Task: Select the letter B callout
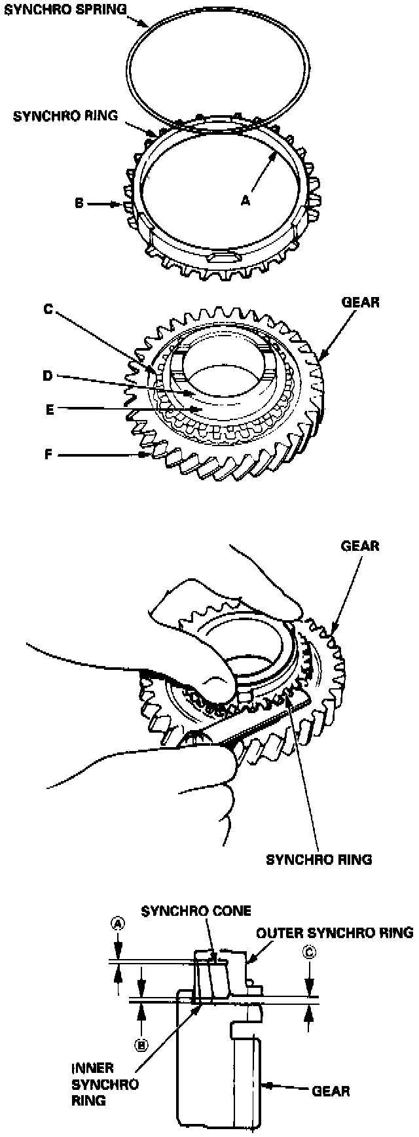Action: [78, 204]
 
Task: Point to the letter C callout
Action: [48, 310]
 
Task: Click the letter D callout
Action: [47, 376]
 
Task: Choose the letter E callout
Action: [48, 410]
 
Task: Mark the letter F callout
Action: [48, 453]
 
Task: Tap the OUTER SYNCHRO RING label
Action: [335, 932]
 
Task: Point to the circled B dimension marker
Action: [139, 1045]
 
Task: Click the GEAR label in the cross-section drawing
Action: [331, 1091]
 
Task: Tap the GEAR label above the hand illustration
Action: [361, 546]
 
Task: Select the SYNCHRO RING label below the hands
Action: [319, 860]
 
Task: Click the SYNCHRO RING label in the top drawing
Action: [65, 116]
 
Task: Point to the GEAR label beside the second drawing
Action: [361, 303]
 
